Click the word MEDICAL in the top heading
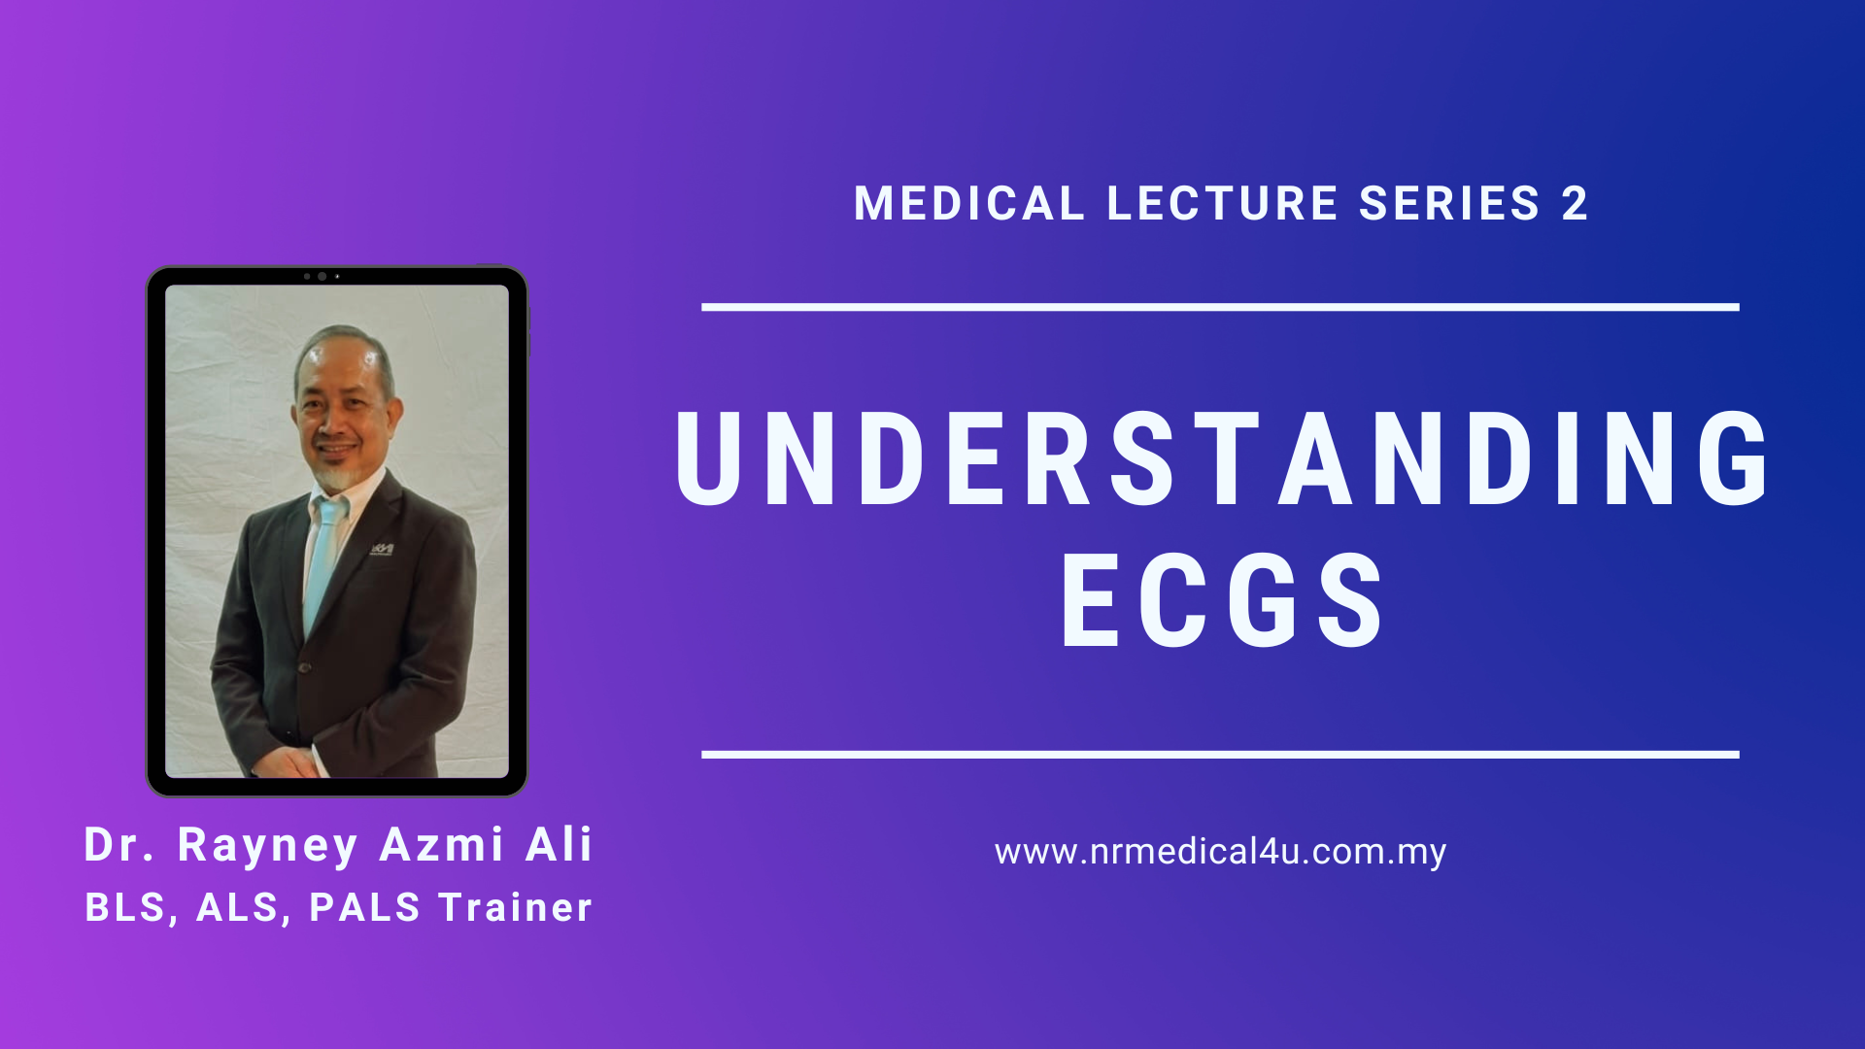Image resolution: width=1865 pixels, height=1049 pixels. click(x=968, y=203)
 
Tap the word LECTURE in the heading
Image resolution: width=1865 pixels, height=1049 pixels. click(x=1223, y=203)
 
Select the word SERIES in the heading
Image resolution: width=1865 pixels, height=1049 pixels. click(x=1449, y=203)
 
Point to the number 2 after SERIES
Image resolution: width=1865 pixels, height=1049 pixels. click(x=1575, y=203)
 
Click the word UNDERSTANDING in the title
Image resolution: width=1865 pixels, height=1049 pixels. click(x=1222, y=458)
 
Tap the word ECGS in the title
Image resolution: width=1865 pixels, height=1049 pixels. click(x=1222, y=599)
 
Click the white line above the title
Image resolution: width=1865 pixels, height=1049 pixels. click(x=1220, y=307)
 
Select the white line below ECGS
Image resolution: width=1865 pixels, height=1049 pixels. click(x=1220, y=755)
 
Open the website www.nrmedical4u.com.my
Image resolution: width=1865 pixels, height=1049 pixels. click(x=1220, y=852)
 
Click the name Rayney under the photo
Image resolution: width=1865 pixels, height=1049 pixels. click(x=268, y=846)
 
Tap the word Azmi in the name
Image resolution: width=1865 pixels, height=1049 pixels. click(x=441, y=844)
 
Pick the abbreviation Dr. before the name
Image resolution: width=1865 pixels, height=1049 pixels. click(x=119, y=844)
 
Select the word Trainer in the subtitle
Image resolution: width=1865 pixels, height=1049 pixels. click(x=515, y=907)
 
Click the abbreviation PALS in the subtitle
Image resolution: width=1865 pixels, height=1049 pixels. click(x=364, y=907)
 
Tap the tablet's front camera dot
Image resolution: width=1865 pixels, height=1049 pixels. click(x=322, y=277)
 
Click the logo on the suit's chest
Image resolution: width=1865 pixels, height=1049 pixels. click(x=382, y=550)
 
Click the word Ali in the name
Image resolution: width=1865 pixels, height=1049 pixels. click(x=559, y=844)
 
